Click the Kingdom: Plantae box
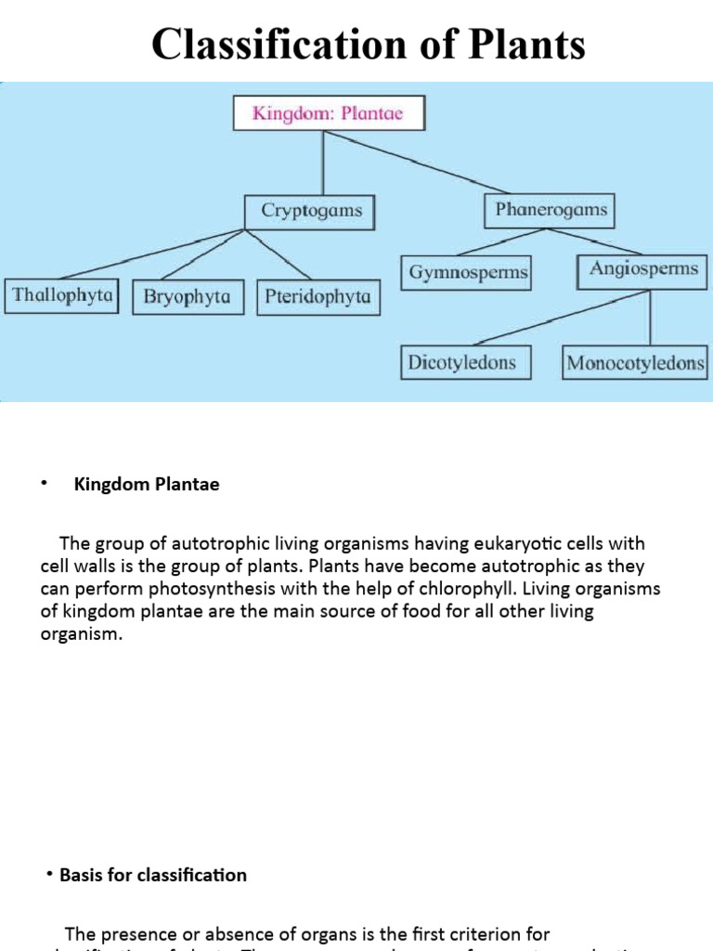point(328,115)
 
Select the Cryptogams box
point(311,212)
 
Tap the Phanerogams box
point(551,210)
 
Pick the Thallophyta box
point(62,296)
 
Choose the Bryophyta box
point(187,298)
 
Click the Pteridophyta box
point(318,298)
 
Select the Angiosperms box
point(643,269)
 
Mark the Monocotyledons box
point(636,363)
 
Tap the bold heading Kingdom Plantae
point(147,485)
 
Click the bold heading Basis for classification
point(153,875)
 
